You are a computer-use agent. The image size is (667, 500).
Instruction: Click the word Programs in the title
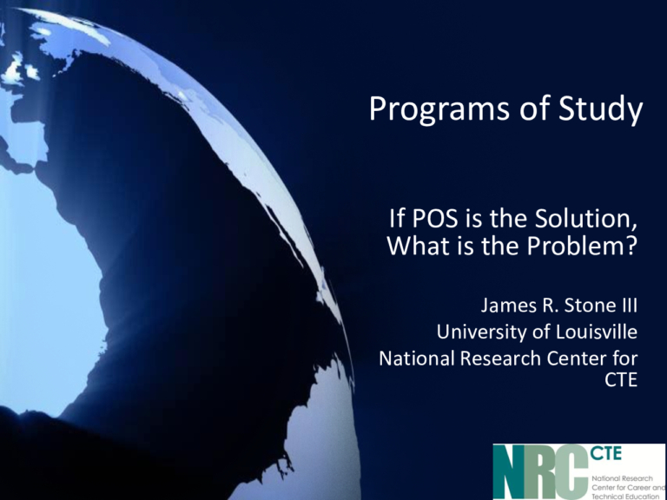(439, 109)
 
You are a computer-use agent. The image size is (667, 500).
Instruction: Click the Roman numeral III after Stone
(628, 306)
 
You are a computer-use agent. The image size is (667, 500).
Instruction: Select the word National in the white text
(417, 359)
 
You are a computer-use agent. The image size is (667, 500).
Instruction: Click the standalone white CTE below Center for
(621, 380)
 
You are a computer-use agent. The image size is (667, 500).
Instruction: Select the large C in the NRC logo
(573, 472)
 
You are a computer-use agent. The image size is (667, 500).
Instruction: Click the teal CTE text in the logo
(605, 453)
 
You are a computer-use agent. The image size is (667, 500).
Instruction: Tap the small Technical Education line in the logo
(625, 497)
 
